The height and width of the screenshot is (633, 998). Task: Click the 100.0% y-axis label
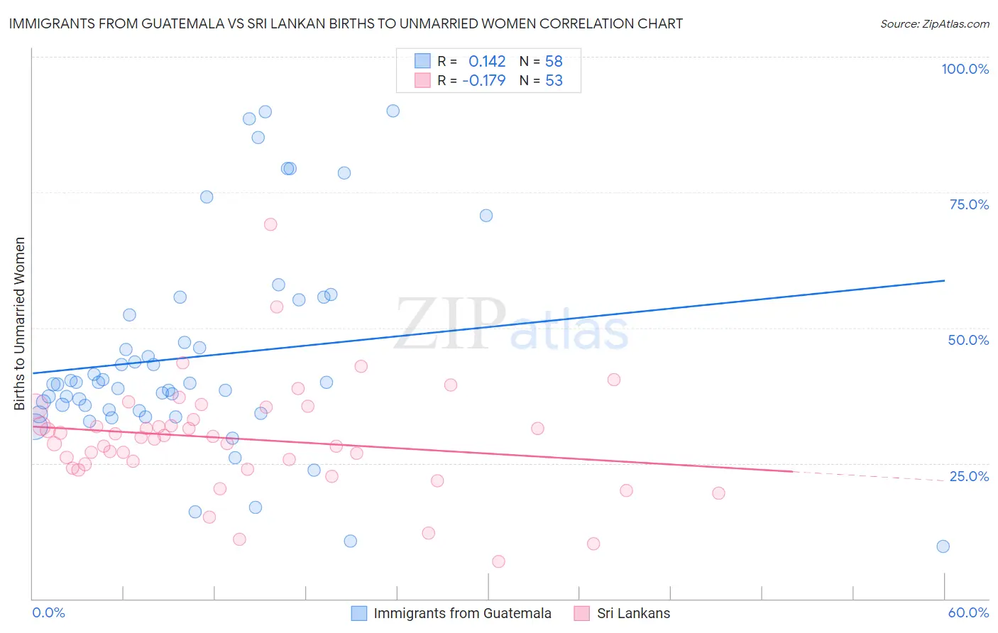965,69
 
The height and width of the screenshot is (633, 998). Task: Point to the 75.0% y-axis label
969,204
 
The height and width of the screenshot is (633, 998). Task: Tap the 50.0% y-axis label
968,340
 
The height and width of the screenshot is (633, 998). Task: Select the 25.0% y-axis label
969,476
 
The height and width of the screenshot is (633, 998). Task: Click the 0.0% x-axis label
48,612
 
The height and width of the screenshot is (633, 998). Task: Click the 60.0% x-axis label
968,612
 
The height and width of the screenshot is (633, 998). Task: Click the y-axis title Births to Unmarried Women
19,324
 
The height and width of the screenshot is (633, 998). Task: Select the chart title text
346,23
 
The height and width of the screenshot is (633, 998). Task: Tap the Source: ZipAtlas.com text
934,24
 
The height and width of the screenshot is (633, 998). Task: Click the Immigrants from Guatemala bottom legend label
462,614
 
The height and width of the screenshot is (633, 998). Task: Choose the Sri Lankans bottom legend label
633,614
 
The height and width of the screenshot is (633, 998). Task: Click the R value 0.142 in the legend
487,62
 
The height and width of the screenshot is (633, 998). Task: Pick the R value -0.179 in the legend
483,81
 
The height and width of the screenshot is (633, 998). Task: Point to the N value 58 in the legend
554,62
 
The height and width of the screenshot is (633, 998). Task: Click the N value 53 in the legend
554,81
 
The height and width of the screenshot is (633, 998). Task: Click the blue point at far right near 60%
943,546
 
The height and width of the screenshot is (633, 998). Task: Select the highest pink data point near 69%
270,224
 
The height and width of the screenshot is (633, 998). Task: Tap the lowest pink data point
498,561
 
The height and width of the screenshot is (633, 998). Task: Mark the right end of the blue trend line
944,281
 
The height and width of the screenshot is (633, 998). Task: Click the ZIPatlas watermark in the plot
511,325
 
